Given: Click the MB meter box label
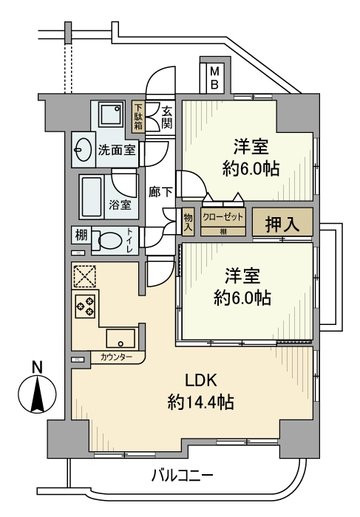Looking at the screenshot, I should click(214, 78).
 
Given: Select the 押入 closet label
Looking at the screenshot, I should click(282, 225).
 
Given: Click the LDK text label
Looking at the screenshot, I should click(200, 381).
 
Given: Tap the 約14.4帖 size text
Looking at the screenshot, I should click(200, 403).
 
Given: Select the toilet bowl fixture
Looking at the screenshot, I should click(112, 241).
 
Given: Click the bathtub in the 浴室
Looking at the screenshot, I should click(94, 195).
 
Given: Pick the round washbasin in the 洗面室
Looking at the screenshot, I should click(82, 150).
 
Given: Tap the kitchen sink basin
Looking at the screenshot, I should click(120, 338).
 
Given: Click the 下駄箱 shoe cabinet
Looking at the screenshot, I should click(138, 117).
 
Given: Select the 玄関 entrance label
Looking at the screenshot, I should click(166, 117).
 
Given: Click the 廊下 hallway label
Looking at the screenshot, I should click(160, 191).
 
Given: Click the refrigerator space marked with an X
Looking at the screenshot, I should click(83, 276).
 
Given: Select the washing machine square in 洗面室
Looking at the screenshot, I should click(112, 117).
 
